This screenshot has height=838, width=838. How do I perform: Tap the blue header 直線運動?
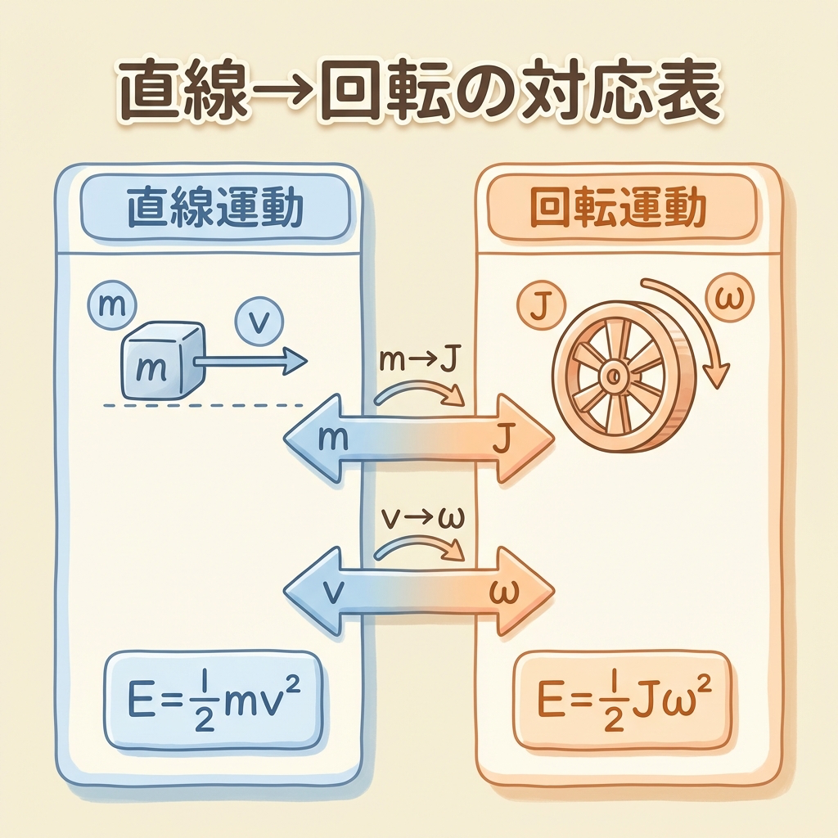point(214,210)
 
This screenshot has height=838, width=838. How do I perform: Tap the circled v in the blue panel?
point(257,322)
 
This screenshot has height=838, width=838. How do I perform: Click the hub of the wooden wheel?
point(612,376)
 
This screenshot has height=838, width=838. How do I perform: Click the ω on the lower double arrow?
point(501,591)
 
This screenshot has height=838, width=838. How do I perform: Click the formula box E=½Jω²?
point(622,701)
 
